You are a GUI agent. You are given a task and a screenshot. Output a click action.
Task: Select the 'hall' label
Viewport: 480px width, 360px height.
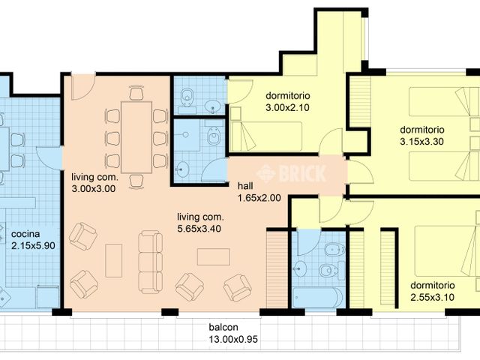coord(244,186)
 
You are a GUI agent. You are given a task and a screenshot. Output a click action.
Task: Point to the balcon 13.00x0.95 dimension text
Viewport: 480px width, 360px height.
coord(223,338)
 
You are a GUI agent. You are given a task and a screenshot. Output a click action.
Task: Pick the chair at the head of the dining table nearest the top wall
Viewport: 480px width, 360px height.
coord(136,94)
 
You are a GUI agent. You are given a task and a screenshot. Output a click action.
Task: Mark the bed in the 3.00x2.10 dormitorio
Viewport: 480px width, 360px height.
coord(265,136)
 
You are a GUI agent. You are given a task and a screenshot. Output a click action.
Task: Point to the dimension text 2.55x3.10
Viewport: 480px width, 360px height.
coord(433,297)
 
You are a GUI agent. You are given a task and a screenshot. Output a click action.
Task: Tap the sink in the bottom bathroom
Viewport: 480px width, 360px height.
coord(302,267)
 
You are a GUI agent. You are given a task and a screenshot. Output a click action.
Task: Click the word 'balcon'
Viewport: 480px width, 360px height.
coord(223,327)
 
